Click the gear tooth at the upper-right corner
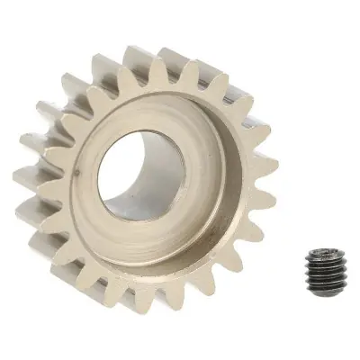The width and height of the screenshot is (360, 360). [x=236, y=85]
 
